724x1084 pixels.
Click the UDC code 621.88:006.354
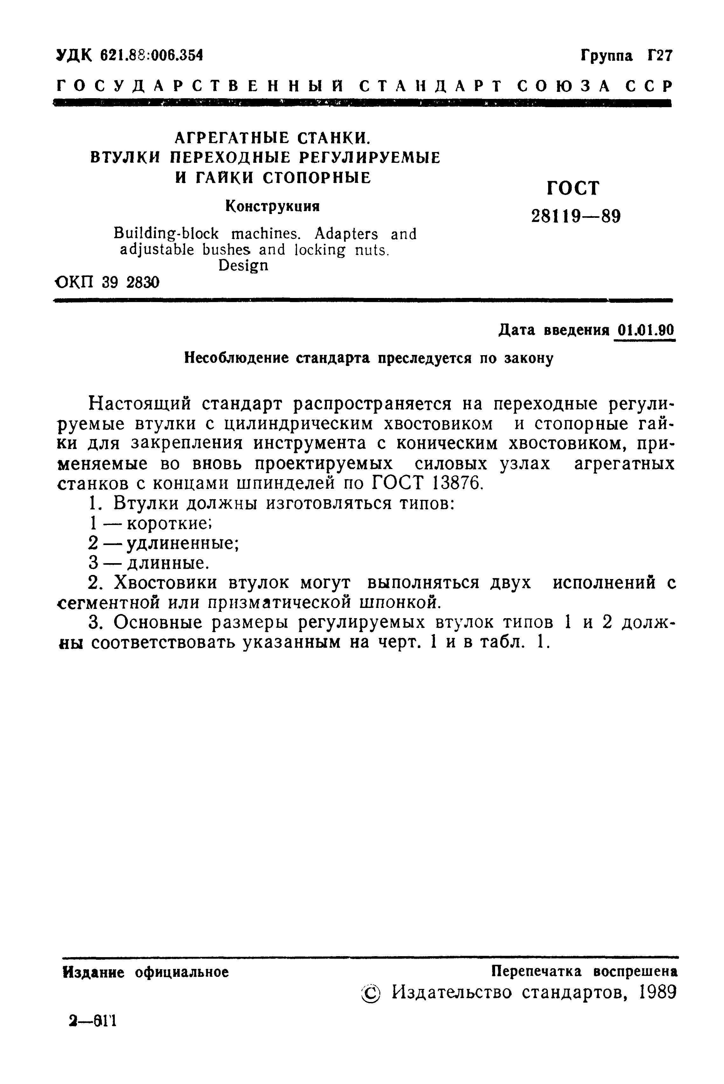[x=151, y=55]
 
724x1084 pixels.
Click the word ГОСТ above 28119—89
[x=573, y=188]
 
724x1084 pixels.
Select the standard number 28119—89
[x=576, y=216]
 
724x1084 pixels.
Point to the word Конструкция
[x=272, y=206]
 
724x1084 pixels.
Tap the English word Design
[x=243, y=266]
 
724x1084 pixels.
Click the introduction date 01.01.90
[x=645, y=331]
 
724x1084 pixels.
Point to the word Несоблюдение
[x=238, y=358]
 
